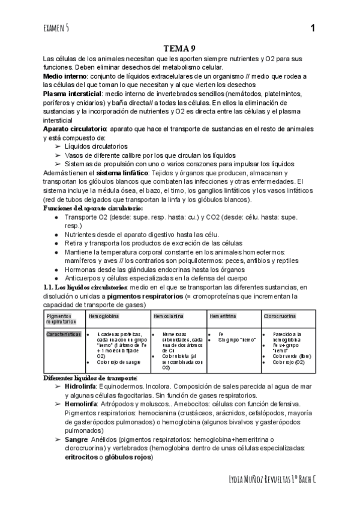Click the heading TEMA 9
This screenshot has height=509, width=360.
coord(179,49)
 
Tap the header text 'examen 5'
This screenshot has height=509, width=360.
coord(56,28)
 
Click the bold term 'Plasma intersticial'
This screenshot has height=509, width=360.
coord(73,94)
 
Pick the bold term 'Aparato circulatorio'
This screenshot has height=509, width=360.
coord(75,129)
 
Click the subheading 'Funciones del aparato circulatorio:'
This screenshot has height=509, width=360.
coord(93,208)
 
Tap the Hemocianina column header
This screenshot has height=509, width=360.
coord(169,315)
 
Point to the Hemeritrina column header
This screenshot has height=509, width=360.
coord(222,315)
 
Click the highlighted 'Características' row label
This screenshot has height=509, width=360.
coord(64,334)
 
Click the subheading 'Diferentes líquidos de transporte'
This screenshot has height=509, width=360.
coord(90,378)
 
